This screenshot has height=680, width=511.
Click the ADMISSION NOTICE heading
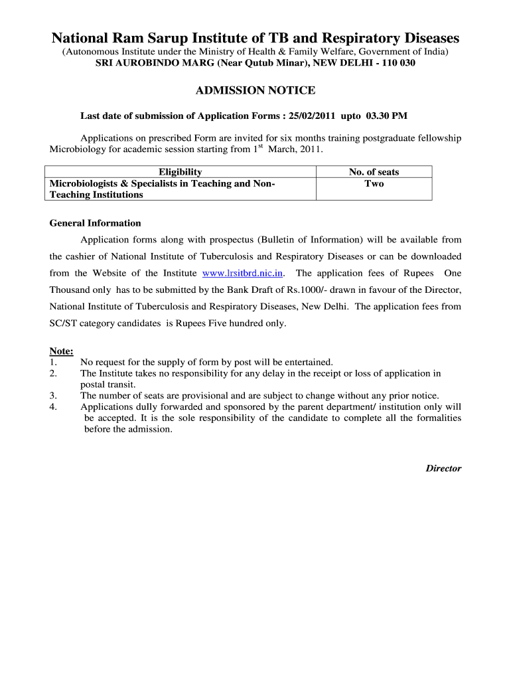coord(256,90)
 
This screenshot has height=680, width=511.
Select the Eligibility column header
coord(180,172)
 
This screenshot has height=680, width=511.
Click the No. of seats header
coord(374,172)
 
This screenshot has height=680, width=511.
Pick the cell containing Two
coord(374,183)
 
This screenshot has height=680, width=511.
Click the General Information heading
coord(96,223)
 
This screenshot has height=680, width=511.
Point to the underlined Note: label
coord(62,351)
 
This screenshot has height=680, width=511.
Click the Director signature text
coord(443,468)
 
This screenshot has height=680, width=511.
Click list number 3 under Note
coord(52,396)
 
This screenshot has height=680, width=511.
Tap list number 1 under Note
coord(52,362)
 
